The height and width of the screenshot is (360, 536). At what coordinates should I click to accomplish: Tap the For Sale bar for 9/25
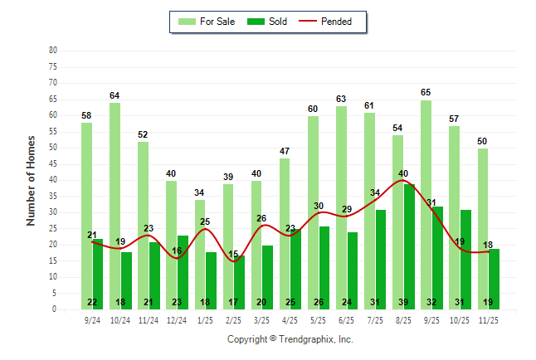[426, 204]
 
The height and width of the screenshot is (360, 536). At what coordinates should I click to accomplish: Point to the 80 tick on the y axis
[53, 50]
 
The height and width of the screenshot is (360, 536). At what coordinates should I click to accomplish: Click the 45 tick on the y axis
[53, 163]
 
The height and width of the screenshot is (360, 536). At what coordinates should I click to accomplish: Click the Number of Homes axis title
[31, 180]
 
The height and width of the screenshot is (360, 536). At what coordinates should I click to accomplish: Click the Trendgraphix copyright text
[290, 339]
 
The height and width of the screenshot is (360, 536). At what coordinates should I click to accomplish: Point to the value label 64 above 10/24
[115, 95]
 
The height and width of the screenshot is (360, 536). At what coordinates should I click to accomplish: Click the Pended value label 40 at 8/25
[403, 173]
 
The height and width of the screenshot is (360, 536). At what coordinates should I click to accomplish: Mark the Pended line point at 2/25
[234, 260]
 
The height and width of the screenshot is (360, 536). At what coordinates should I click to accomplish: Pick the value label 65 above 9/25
[426, 92]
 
